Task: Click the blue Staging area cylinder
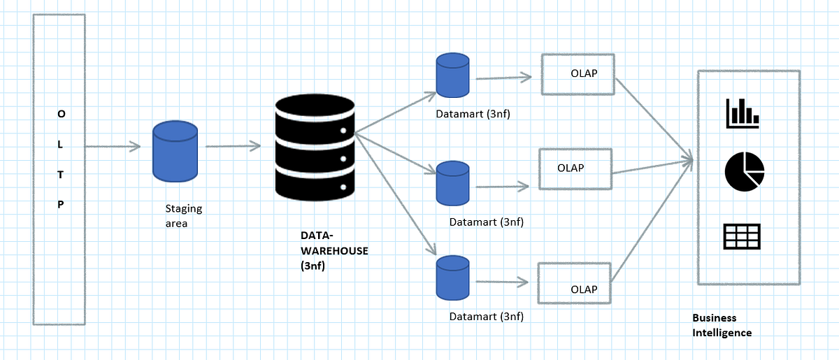pos(175,152)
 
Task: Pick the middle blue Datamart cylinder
pos(452,183)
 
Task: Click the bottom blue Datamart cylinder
pos(452,278)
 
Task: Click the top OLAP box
pos(578,74)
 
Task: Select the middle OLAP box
pos(575,168)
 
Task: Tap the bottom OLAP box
pos(573,283)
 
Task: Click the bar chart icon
pos(743,113)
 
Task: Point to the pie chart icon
pos(744,171)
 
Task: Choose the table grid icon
pos(742,236)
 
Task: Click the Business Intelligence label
pos(722,325)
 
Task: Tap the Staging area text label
pos(183,216)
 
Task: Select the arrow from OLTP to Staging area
pos(112,147)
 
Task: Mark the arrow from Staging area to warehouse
pos(233,146)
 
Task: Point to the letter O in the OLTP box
pos(60,113)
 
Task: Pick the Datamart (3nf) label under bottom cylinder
pos(486,316)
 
